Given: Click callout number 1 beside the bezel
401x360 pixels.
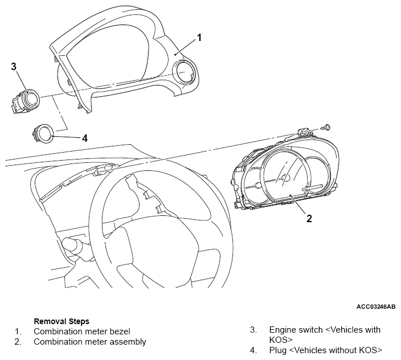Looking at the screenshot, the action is pyautogui.click(x=199, y=38).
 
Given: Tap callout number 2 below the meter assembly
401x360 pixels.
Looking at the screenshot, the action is pyautogui.click(x=309, y=218).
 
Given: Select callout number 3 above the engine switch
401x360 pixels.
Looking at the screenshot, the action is pyautogui.click(x=14, y=67).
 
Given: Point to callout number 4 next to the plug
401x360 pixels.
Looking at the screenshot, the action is pyautogui.click(x=85, y=138).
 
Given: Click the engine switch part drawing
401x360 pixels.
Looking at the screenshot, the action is pyautogui.click(x=25, y=101).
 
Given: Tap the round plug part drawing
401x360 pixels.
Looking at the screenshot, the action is pyautogui.click(x=43, y=133).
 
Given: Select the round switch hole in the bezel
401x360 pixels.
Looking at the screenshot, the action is pyautogui.click(x=185, y=72).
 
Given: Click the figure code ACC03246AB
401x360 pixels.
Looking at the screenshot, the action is pyautogui.click(x=376, y=306).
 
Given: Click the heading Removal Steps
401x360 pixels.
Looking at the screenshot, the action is pyautogui.click(x=62, y=321).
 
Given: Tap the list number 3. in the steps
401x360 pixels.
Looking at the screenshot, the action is pyautogui.click(x=253, y=330).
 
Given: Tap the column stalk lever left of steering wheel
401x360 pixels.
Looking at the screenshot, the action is pyautogui.click(x=73, y=245).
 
